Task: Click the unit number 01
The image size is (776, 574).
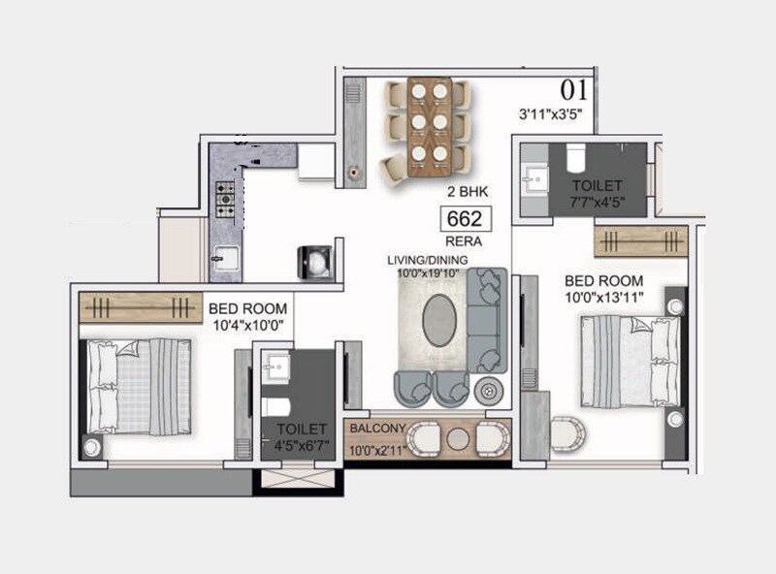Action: point(574,91)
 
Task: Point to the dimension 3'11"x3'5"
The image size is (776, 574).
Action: point(556,114)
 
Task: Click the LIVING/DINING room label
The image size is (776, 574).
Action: point(428,260)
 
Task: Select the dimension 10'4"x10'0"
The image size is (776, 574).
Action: point(248,327)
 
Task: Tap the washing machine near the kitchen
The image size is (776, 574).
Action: point(315,260)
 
